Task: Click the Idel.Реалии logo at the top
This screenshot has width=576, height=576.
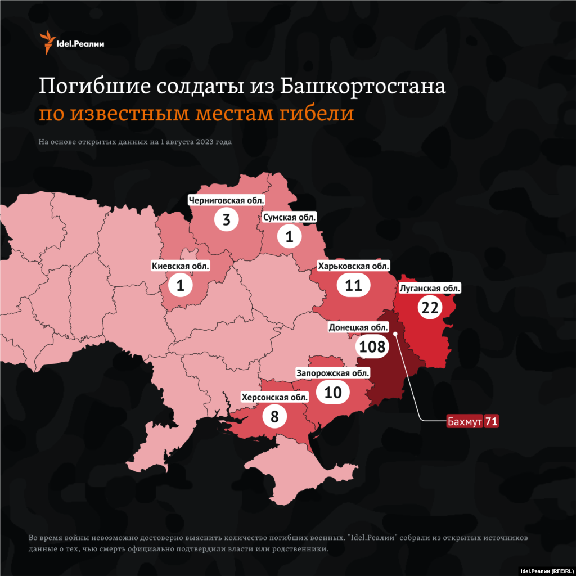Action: [71, 44]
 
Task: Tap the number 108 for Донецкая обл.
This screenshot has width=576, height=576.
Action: [372, 346]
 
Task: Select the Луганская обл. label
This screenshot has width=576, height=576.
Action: [429, 289]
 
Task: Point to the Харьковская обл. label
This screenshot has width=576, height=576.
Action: [353, 266]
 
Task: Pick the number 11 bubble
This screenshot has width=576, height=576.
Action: [353, 285]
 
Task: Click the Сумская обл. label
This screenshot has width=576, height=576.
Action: [290, 217]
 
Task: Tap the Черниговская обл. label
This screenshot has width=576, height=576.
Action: [227, 199]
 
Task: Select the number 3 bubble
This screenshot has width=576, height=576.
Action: [227, 219]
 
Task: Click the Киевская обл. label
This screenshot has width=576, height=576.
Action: [180, 265]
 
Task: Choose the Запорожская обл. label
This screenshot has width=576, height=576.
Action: [333, 372]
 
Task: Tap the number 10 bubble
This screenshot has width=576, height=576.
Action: [333, 391]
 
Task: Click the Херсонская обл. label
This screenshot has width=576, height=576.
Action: [274, 397]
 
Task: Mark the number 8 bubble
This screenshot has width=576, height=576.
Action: [274, 417]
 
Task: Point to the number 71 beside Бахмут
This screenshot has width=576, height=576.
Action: [491, 421]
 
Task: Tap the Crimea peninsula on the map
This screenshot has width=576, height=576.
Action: [304, 472]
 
